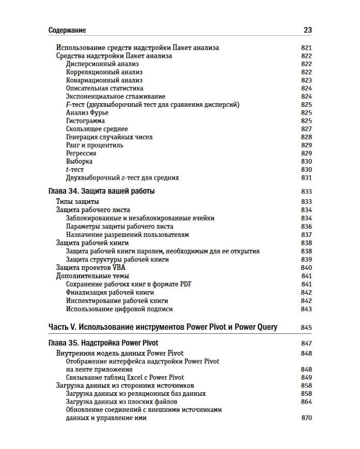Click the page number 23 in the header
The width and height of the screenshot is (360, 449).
coord(307,30)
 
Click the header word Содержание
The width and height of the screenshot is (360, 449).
coord(67,30)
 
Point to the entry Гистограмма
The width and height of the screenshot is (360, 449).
coord(85,121)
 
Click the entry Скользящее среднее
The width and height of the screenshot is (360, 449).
coord(97,129)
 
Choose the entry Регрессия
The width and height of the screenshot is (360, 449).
coord(81,153)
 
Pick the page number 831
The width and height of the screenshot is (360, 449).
coord(306,178)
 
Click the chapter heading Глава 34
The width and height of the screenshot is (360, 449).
coord(101,191)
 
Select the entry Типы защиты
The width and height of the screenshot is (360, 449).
coord(77,202)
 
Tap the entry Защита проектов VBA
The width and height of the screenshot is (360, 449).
coord(90,268)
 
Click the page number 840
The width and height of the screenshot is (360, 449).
coord(306,268)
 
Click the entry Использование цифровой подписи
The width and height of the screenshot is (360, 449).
coord(119,309)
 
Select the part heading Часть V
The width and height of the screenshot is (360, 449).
coord(162,327)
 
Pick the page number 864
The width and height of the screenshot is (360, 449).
coord(306,402)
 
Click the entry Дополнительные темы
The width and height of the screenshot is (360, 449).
coord(92,276)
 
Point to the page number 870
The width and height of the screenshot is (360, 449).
coord(306,418)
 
